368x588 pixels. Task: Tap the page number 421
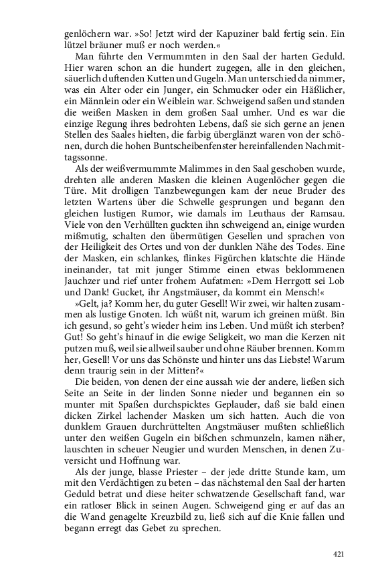(x=339, y=554)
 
